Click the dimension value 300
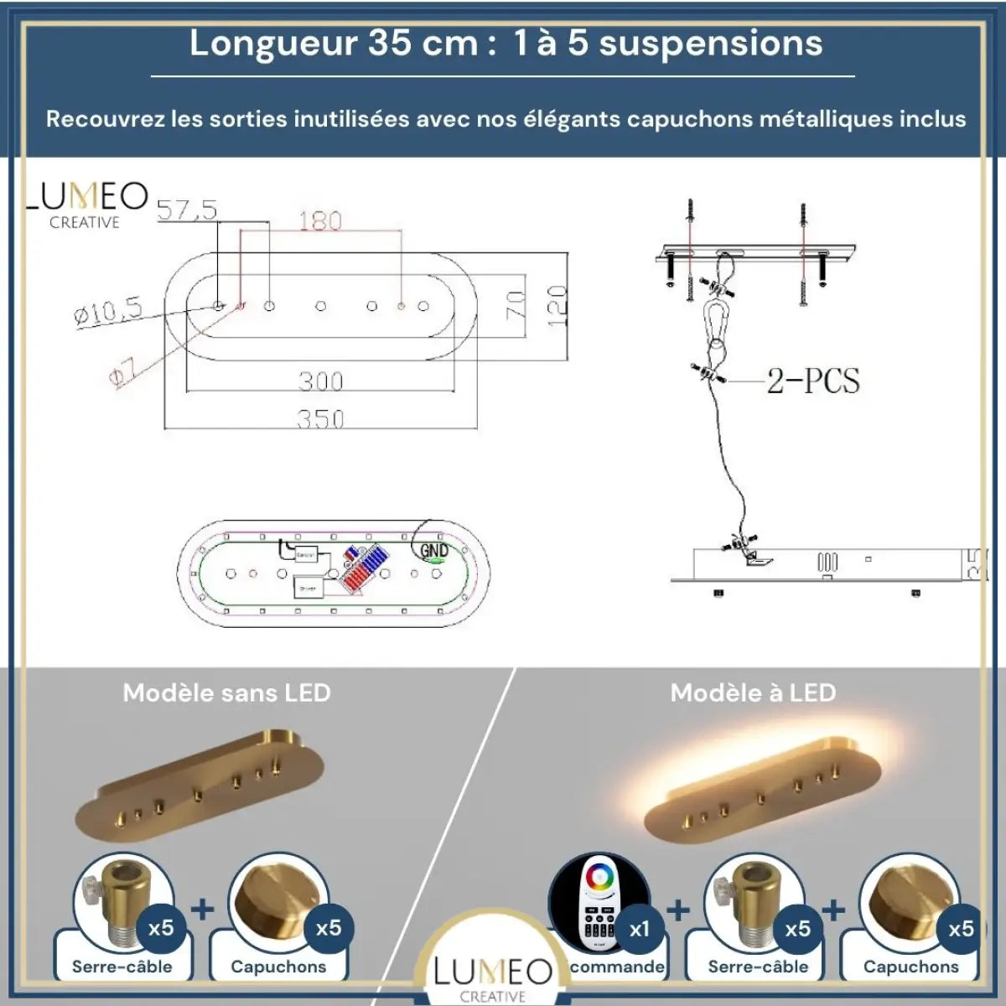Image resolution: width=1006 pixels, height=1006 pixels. point(320,381)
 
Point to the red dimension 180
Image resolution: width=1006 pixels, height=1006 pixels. point(320,221)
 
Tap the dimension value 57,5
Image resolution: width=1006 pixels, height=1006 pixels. point(187,210)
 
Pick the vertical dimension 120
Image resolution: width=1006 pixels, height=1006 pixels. point(557,305)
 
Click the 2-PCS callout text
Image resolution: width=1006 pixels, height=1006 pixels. point(813,381)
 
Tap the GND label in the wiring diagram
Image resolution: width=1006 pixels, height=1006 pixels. point(433,550)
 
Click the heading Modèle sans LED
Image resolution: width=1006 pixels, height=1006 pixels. point(226,693)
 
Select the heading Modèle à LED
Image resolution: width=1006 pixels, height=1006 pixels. point(753,693)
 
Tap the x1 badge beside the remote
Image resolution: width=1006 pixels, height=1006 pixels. point(640,928)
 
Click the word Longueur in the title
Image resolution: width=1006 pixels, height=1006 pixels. point(273,44)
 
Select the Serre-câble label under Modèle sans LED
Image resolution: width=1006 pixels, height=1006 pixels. point(122,967)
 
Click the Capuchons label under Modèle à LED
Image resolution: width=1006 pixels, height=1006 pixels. point(910,967)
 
